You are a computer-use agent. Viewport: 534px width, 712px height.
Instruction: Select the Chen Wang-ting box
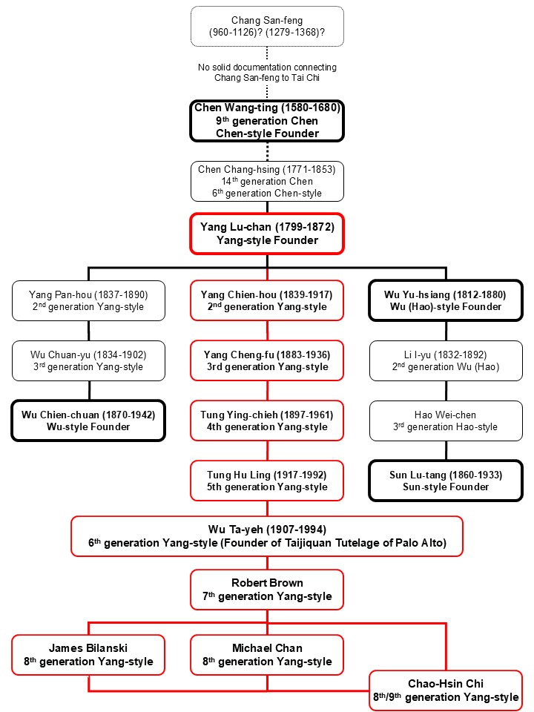coord(267,121)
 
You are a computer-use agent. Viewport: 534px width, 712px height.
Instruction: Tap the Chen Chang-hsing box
coord(267,181)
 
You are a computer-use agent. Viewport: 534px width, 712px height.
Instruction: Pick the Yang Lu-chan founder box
coord(267,233)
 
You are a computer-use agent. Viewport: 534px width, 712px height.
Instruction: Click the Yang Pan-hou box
coord(89,300)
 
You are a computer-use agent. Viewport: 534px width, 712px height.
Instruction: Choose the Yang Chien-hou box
coord(267,300)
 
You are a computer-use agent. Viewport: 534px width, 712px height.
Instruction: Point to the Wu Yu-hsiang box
coord(445,300)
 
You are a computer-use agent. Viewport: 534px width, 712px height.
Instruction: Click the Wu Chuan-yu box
coord(89,360)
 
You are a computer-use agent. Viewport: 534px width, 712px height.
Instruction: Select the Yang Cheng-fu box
coord(267,360)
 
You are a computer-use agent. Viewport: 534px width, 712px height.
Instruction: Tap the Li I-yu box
coord(445,360)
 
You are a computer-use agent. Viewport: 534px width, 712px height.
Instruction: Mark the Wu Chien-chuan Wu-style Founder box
coord(89,421)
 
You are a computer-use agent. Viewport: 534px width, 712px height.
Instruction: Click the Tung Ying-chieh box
coord(267,421)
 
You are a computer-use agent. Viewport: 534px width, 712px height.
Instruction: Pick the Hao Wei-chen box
coord(445,421)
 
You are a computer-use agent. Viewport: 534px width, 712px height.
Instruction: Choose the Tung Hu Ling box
coord(267,481)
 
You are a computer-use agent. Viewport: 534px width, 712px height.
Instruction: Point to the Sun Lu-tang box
coord(445,481)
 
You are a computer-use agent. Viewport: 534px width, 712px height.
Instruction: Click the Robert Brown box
coord(267,590)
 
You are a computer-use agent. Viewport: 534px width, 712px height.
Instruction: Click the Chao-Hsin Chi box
coord(445,690)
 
